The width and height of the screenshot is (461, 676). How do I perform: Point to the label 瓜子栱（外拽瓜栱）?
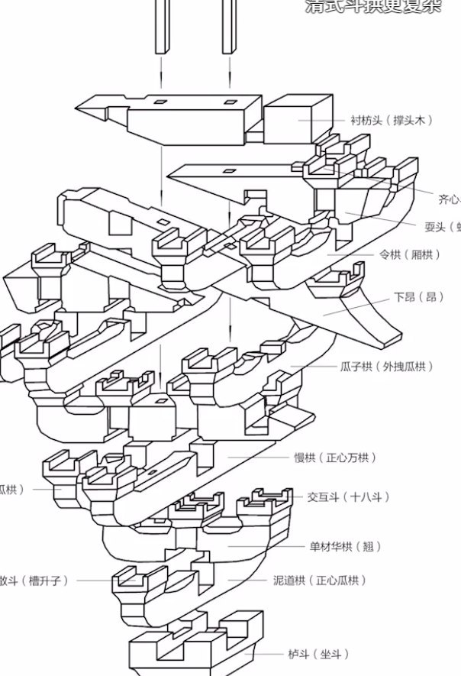coord(386,367)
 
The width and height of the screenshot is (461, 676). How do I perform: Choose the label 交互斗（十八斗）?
coord(348,497)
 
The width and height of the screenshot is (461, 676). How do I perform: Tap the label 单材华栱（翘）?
coord(344,547)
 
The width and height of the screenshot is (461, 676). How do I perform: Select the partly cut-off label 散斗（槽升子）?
coord(35,581)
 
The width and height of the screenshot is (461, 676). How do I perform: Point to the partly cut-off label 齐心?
coord(449,199)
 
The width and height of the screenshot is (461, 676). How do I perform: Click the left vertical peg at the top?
coord(162,27)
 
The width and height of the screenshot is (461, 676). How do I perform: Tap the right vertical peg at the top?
coord(228,27)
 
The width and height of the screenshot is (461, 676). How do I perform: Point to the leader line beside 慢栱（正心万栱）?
coord(256,458)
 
